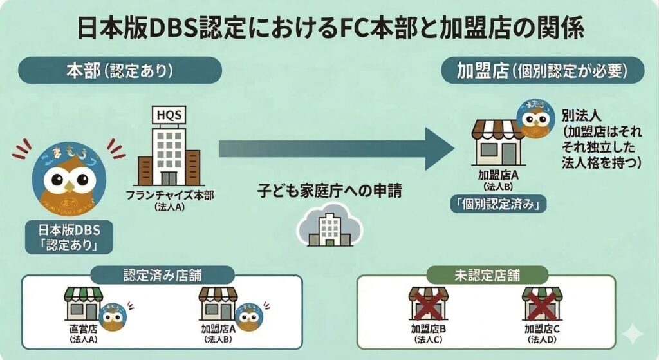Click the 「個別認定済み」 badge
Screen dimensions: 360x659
tap(498, 205)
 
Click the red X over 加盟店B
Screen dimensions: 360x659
tap(429, 304)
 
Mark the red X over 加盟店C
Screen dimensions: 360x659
tap(541, 304)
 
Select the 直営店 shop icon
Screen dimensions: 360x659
tap(84, 303)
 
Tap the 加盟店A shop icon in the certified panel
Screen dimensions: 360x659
tap(218, 303)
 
